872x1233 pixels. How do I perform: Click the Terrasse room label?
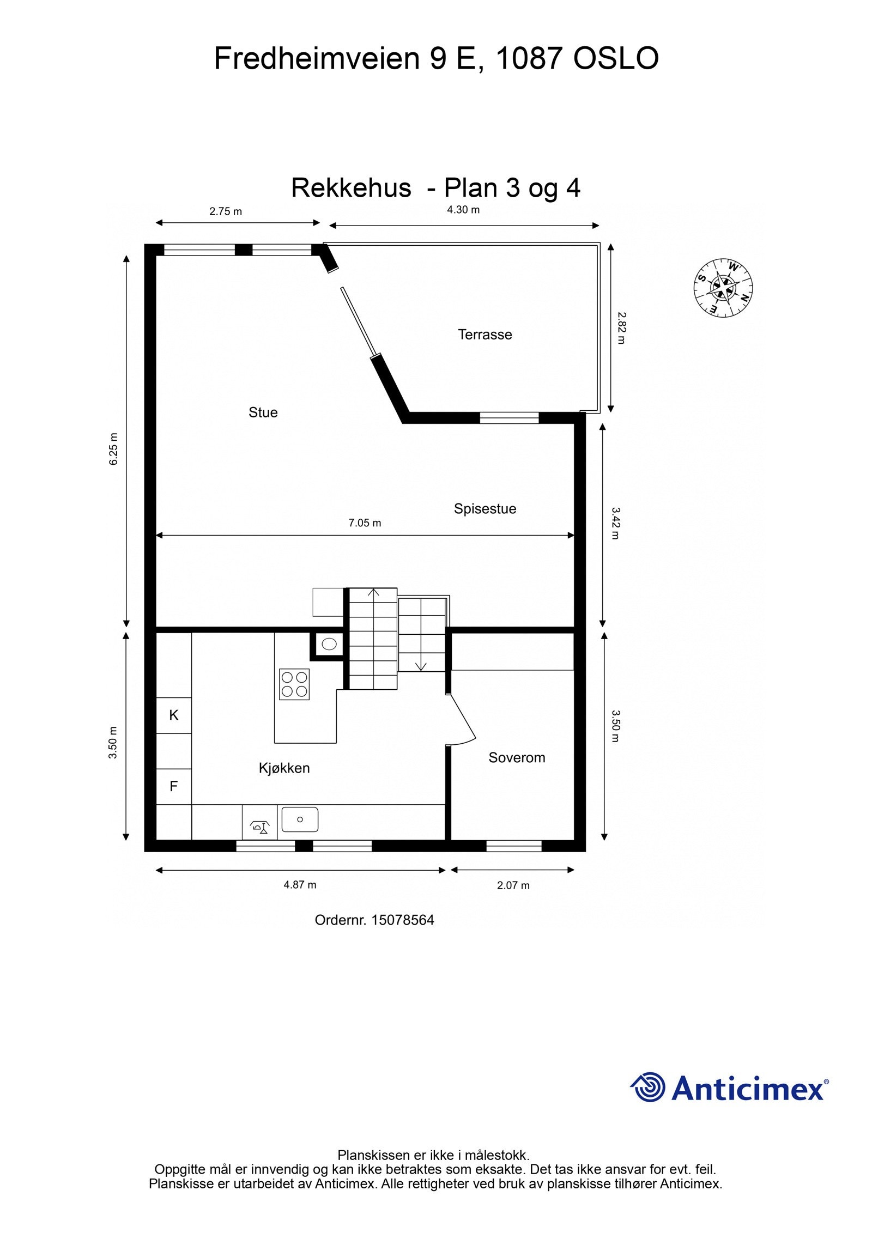485,335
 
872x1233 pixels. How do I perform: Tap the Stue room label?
263,412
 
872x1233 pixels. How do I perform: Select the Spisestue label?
485,509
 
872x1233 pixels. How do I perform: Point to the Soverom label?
516,758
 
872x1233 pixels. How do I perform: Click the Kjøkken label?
284,768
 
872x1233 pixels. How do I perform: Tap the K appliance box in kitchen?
174,715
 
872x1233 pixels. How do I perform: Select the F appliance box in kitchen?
174,786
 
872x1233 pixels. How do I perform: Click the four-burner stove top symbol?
294,684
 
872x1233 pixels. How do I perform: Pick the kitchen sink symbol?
300,819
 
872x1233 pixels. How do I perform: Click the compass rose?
723,288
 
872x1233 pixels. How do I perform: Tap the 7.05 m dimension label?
365,523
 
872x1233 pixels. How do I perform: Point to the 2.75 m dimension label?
226,211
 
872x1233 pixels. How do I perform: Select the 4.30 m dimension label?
463,210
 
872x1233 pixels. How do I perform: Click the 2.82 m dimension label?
621,328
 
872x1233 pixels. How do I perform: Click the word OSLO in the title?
615,58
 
